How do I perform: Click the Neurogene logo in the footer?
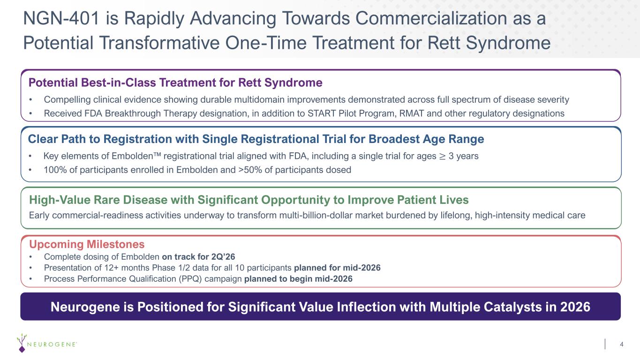tap(46, 343)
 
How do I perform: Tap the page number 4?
tap(621, 344)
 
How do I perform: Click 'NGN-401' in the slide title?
tap(61, 18)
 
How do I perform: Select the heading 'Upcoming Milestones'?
tap(87, 244)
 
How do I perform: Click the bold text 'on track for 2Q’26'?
tap(198, 256)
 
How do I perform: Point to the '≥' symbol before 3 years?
tap(442, 156)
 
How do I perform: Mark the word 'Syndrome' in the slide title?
tap(508, 43)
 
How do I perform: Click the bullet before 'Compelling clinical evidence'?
tap(30, 100)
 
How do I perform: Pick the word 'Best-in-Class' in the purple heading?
tap(118, 82)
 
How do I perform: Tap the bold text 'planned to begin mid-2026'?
tap(298, 278)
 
